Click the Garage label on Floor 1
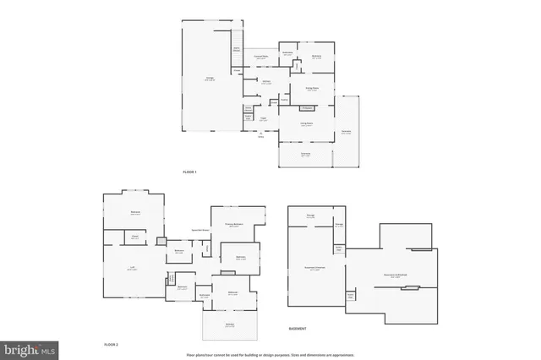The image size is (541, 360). tap(209, 78)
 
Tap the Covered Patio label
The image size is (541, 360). tap(262, 57)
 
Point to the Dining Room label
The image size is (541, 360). tap(312, 89)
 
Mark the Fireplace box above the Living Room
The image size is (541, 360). tap(307, 108)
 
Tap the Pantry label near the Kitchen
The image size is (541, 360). tap(284, 100)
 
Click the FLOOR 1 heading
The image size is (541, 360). tap(189, 172)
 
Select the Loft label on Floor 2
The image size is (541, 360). tap(133, 269)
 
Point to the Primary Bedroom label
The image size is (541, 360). tap(234, 225)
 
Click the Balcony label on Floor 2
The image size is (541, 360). tap(229, 325)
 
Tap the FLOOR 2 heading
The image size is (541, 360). tap(111, 345)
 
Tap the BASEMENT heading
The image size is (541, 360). tap(298, 328)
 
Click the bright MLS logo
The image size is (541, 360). tap(29, 348)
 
